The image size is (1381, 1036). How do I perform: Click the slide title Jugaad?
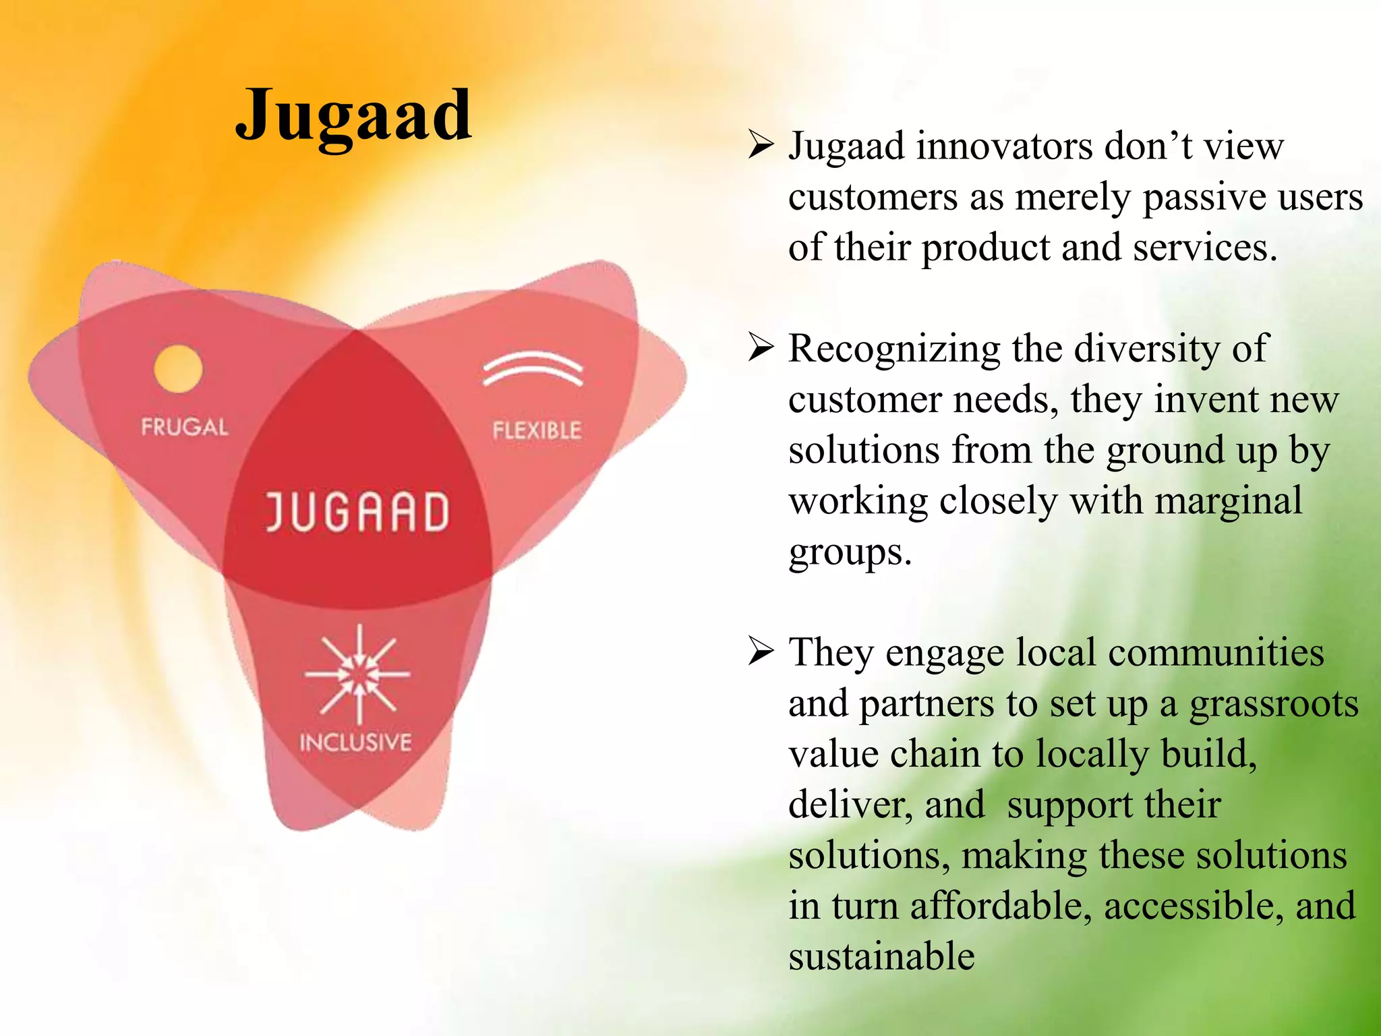(353, 116)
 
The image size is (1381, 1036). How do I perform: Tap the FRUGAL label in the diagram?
(185, 427)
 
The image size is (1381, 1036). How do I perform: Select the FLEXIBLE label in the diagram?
(537, 430)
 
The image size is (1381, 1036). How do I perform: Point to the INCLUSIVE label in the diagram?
(355, 743)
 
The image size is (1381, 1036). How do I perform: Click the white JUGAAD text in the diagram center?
(357, 512)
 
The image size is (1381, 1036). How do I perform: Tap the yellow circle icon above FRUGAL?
(178, 368)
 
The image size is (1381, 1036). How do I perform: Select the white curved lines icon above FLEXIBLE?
(533, 368)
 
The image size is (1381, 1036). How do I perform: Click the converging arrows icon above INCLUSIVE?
(358, 674)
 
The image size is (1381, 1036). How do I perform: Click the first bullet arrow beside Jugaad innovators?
(761, 146)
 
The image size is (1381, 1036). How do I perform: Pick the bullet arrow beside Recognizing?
(761, 348)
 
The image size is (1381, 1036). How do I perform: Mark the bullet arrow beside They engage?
(761, 652)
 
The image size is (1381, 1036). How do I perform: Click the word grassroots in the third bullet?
(1274, 704)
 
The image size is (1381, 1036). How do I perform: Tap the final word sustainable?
(882, 956)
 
